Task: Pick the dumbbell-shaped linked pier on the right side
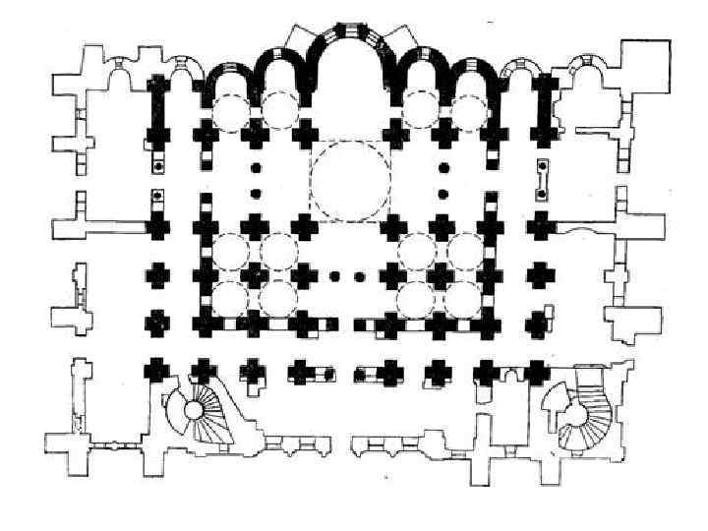point(542,179)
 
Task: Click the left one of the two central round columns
point(335,276)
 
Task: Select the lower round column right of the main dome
point(443,194)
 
